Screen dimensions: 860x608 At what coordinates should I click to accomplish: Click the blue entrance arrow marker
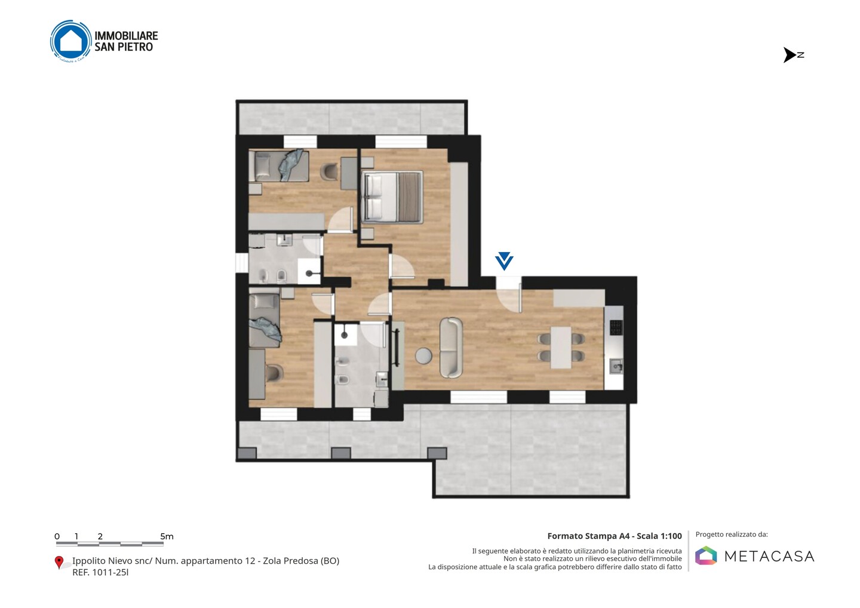[504, 261]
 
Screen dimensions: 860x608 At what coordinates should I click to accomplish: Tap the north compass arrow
[791, 55]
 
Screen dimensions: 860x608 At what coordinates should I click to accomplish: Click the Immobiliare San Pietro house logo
[71, 41]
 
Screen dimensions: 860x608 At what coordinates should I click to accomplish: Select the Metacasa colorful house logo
[706, 555]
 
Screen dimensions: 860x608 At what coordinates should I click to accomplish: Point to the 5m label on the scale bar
[167, 536]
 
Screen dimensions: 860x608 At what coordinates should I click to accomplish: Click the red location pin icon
[59, 563]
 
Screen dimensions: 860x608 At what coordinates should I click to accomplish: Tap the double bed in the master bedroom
[392, 197]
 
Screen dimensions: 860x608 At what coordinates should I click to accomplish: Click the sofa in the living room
[451, 348]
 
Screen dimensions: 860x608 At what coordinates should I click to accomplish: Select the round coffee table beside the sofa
[423, 355]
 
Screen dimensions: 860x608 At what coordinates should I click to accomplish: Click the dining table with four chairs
[561, 348]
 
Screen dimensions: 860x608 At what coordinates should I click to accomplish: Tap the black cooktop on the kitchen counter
[616, 327]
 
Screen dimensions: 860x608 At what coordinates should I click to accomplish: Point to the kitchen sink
[616, 366]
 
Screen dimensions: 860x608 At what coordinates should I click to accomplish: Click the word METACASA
[769, 557]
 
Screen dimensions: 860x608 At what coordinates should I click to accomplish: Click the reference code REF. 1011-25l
[100, 572]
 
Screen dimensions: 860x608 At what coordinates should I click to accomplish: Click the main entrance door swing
[509, 298]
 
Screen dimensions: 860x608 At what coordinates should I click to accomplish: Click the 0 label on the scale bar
[57, 536]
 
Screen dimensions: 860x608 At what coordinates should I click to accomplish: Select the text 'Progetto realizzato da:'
[732, 535]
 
